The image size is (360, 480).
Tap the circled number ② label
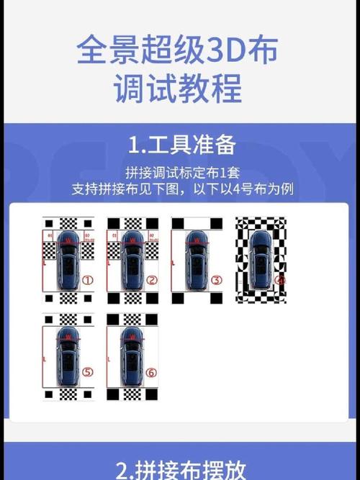click(x=151, y=279)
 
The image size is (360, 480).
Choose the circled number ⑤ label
click(x=88, y=372)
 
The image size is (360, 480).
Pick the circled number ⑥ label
click(x=151, y=372)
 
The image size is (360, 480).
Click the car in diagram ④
click(x=258, y=266)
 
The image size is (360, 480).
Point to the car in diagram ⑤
click(x=67, y=356)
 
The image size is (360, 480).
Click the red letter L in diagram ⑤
click(x=45, y=358)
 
